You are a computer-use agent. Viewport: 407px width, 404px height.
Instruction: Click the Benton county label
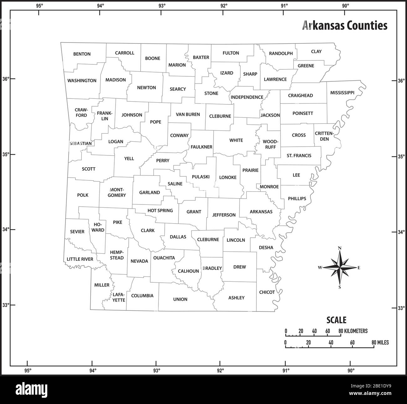click(82, 54)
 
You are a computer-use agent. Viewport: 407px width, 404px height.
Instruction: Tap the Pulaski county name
click(201, 177)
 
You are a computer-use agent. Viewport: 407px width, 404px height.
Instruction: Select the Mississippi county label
click(342, 93)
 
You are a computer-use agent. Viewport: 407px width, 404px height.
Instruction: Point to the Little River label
click(80, 259)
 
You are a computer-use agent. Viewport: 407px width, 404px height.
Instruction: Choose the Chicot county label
click(267, 292)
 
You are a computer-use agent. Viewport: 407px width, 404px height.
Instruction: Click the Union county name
click(180, 300)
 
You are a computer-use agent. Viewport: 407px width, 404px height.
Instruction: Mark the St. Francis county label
click(299, 156)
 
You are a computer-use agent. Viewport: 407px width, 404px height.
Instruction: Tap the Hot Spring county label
click(160, 211)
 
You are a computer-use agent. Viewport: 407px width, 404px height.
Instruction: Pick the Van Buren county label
click(188, 114)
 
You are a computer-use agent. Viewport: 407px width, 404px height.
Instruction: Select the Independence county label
click(247, 97)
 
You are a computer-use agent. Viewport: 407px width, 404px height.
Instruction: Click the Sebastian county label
click(81, 144)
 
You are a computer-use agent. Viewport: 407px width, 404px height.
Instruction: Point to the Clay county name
click(316, 52)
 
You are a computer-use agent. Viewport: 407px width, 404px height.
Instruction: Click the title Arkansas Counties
click(345, 26)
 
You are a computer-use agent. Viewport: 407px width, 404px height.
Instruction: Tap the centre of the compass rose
click(340, 268)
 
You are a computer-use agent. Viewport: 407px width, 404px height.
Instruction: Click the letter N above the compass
click(340, 248)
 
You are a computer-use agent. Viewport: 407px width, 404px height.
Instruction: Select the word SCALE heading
click(336, 320)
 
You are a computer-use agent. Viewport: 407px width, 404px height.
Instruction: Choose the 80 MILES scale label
click(380, 343)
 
